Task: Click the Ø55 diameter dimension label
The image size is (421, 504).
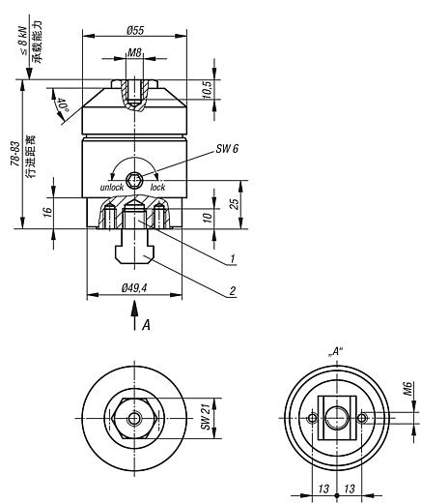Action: pos(135,30)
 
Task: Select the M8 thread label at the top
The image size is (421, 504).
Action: pos(134,52)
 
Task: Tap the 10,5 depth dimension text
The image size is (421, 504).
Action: pos(208,89)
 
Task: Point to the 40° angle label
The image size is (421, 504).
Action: pos(63,104)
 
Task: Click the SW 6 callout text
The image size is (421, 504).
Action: pos(227,149)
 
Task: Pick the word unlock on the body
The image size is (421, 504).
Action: pos(112,187)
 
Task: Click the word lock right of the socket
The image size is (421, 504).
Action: pos(157,187)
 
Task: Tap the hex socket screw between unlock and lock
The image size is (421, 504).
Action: pos(134,180)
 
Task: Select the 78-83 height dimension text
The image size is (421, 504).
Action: pos(15,154)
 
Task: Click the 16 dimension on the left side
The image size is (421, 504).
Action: pos(47,212)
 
